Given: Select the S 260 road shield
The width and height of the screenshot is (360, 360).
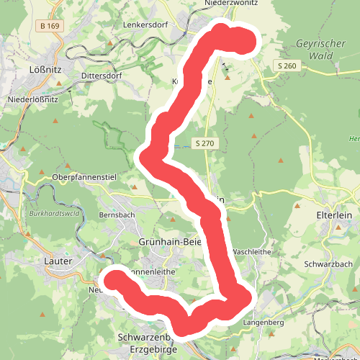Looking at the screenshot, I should (286, 66).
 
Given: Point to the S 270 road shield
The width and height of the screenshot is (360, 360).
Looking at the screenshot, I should (204, 143).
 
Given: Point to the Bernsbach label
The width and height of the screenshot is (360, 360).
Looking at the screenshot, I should (117, 215).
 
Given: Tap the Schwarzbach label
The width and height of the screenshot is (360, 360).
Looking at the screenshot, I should (328, 264).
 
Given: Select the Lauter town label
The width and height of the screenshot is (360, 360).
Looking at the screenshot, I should (58, 262).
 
